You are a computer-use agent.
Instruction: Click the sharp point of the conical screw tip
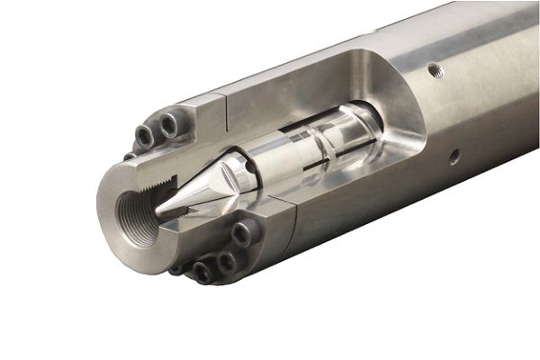[158, 216]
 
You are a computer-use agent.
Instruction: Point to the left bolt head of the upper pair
[145, 136]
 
